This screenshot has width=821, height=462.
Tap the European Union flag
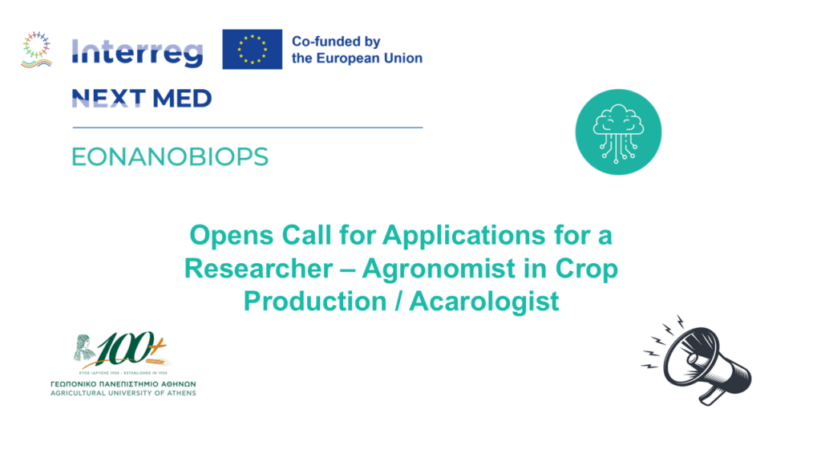click(252, 49)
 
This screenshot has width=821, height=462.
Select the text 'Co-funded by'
click(336, 41)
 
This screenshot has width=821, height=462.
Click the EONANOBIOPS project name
click(170, 156)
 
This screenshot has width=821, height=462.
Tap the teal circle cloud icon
click(619, 132)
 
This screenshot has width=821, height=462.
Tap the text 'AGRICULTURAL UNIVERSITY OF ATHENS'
click(122, 393)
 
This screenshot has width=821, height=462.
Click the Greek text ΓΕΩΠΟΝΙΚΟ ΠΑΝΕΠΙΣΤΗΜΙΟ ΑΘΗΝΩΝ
click(122, 383)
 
